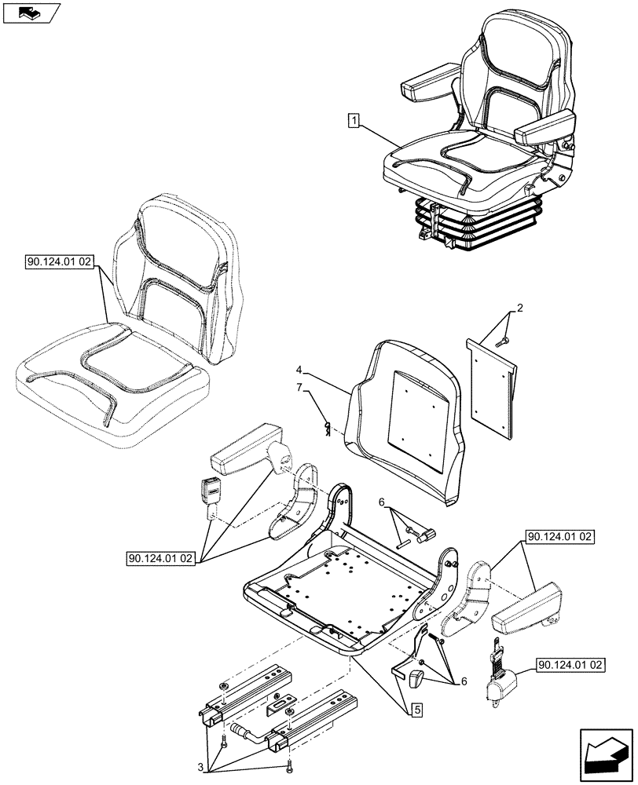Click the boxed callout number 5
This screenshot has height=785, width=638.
coord(413,711)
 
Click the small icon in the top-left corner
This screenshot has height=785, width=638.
coord(31,13)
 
